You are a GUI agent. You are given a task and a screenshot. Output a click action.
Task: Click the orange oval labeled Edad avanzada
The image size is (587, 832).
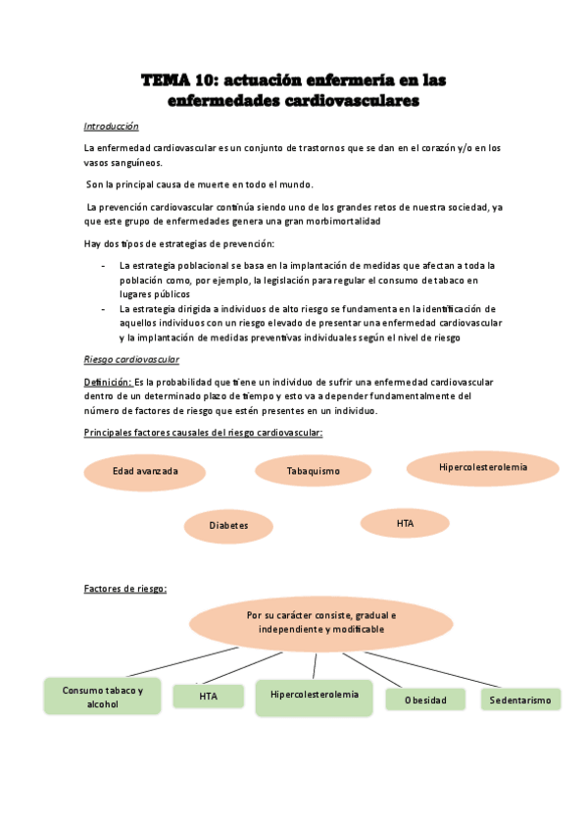[x=145, y=471]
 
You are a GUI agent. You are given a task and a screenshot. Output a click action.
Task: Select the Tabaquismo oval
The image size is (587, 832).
[x=313, y=471]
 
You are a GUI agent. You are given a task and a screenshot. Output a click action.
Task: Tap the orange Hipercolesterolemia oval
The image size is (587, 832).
[x=482, y=467]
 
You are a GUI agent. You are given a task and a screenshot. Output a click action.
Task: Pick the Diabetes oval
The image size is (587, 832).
[x=227, y=525]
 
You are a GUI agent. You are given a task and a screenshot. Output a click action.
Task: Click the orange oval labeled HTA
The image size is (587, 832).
[x=406, y=524]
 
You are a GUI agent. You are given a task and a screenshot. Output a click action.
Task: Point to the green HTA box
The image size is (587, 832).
[x=208, y=697]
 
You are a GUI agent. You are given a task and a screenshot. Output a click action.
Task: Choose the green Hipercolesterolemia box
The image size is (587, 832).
[x=314, y=695]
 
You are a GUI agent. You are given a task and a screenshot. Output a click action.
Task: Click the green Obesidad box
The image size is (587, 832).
[x=424, y=700]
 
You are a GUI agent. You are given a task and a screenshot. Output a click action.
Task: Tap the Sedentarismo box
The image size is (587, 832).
[x=520, y=700]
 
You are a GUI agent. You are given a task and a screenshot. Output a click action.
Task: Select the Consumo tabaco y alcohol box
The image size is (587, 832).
[x=102, y=697]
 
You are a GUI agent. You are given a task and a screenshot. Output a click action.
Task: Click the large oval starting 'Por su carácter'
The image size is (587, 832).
[x=315, y=621]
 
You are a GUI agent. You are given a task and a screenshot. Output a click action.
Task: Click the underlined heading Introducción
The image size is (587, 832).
[x=111, y=127]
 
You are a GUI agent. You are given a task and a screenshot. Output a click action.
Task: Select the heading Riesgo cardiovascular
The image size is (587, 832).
[x=131, y=359]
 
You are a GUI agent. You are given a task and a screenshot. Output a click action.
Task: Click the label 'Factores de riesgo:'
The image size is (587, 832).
[x=125, y=589]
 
